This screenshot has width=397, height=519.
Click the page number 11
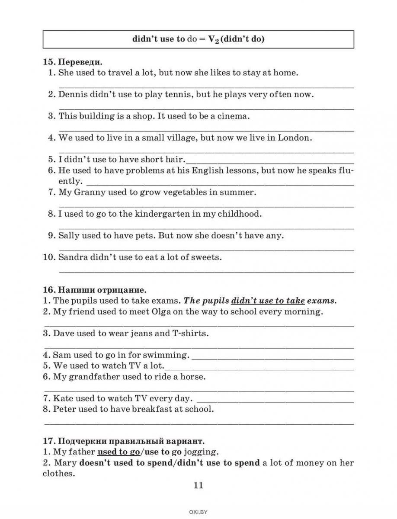point(198,485)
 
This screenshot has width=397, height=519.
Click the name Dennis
point(73,94)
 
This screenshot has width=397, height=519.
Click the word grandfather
point(93,377)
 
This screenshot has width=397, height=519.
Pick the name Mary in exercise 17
point(66,463)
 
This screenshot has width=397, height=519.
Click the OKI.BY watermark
point(198,512)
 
